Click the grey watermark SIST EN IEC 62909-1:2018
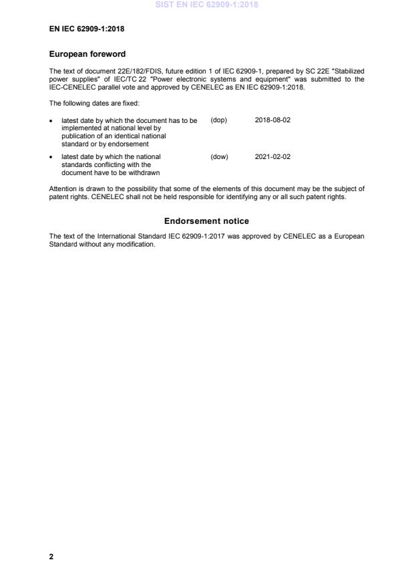point(206,5)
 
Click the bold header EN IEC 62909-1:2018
point(87,29)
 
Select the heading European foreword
point(87,54)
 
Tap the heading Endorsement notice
point(206,221)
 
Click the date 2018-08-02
point(272,120)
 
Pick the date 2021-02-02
point(272,157)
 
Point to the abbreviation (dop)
point(219,120)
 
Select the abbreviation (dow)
point(219,157)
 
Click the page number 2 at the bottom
point(51,557)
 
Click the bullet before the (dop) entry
point(52,121)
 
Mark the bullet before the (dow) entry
point(52,158)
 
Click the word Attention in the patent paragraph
point(62,189)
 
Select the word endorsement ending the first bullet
point(130,144)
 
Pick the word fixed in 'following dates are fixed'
point(131,104)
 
